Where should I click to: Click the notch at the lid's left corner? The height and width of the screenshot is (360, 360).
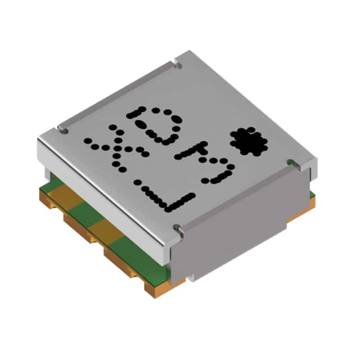62,131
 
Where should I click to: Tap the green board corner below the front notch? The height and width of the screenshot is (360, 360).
163,273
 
